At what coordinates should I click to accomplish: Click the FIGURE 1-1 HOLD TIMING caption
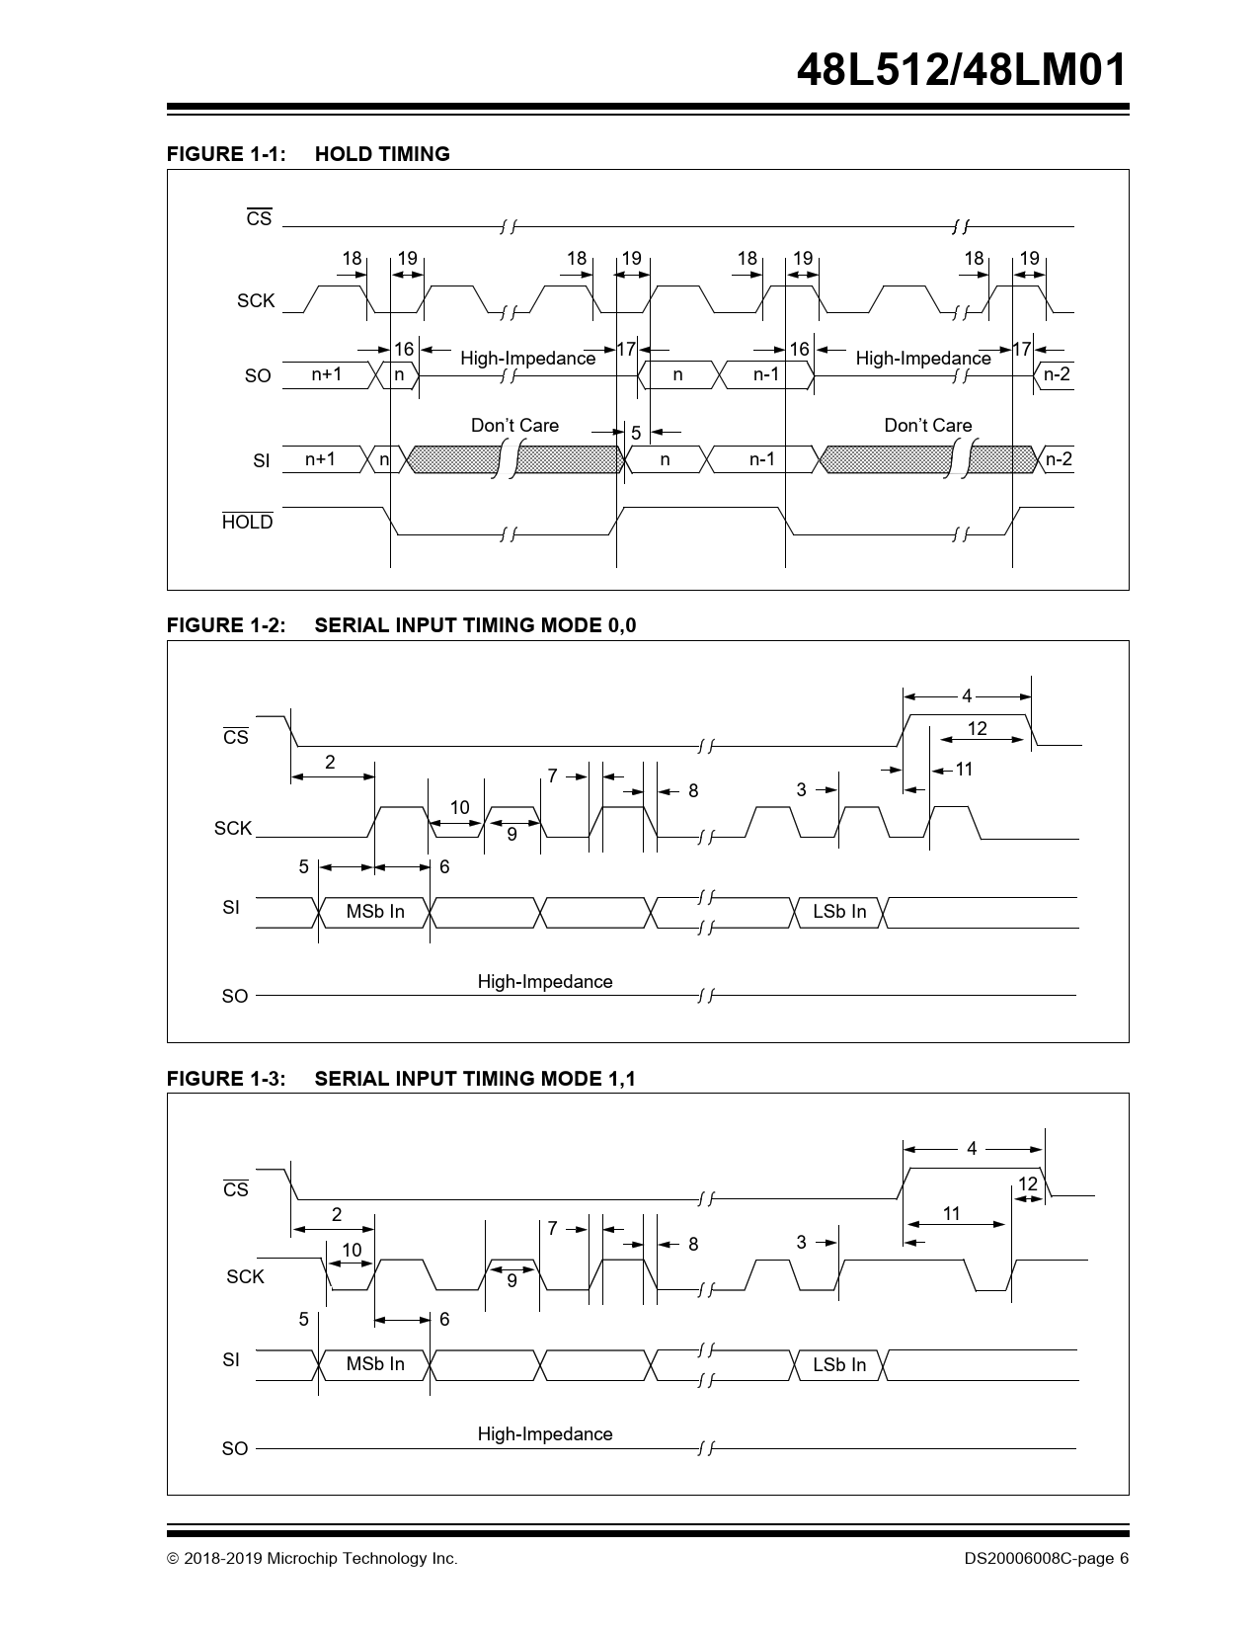[x=308, y=154]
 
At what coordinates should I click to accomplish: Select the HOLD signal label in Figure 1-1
[x=247, y=523]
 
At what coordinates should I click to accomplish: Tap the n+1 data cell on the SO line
[x=326, y=374]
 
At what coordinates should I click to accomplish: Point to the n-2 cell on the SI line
[x=1058, y=459]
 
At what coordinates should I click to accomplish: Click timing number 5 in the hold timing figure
[x=636, y=433]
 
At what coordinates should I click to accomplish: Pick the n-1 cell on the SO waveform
[x=766, y=374]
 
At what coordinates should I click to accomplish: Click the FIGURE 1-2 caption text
[x=401, y=625]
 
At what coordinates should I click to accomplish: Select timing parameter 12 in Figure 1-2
[x=977, y=729]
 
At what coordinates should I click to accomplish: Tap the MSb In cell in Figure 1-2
[x=375, y=912]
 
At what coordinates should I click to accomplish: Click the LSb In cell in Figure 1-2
[x=839, y=912]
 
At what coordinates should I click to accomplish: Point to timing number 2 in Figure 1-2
[x=330, y=762]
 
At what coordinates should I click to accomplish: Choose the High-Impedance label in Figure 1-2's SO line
[x=545, y=981]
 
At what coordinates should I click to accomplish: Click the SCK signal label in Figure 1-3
[x=245, y=1276]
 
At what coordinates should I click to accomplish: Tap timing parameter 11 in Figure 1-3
[x=951, y=1214]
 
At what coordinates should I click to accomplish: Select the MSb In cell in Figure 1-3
[x=375, y=1364]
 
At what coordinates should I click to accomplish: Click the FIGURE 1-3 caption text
[x=401, y=1079]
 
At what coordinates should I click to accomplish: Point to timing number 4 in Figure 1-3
[x=972, y=1149]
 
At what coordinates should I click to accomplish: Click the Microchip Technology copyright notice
[x=312, y=1559]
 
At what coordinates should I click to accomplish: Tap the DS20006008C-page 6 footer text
[x=1047, y=1559]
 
